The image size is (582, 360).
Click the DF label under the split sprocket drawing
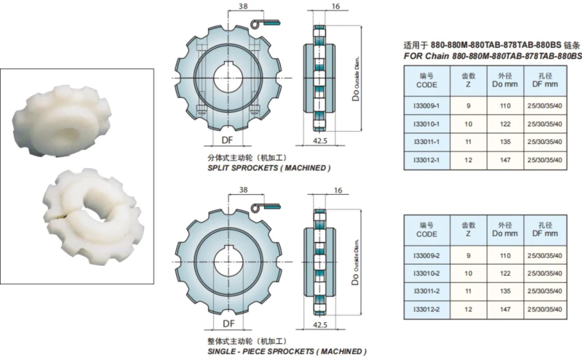coord(228,139)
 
